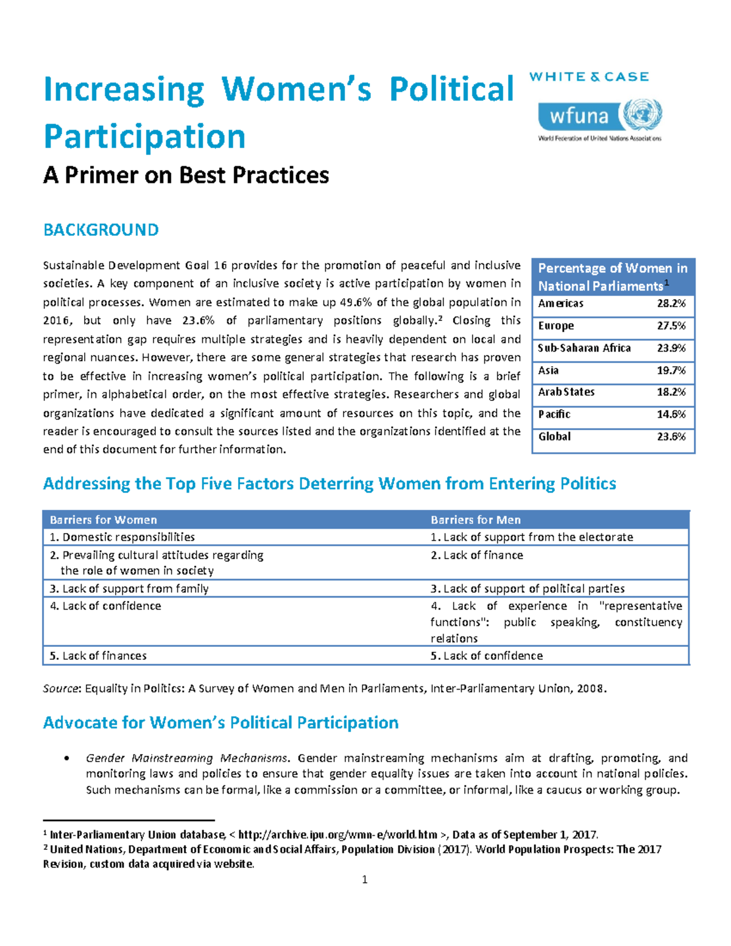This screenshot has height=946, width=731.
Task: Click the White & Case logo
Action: (x=588, y=77)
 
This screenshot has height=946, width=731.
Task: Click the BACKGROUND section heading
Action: (x=101, y=230)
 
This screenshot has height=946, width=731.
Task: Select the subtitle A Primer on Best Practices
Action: (x=186, y=175)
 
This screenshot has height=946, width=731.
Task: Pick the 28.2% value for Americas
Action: (x=671, y=303)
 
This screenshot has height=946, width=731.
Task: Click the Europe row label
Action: (x=556, y=326)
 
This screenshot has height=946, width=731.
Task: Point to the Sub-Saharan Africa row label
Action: (x=584, y=348)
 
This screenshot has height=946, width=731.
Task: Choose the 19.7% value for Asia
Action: (x=671, y=370)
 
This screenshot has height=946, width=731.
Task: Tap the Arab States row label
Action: (x=566, y=392)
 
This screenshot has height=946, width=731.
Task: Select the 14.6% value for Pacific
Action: (x=671, y=414)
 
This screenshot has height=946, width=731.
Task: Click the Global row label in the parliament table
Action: (x=554, y=437)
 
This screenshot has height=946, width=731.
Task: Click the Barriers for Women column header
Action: (x=103, y=520)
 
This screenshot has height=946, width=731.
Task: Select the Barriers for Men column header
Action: (x=475, y=520)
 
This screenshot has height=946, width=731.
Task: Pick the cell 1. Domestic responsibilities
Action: (x=122, y=537)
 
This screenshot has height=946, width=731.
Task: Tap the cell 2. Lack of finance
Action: (x=476, y=555)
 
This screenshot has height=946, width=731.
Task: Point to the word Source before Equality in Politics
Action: (x=61, y=689)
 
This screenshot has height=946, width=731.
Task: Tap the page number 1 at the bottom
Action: (x=364, y=880)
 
